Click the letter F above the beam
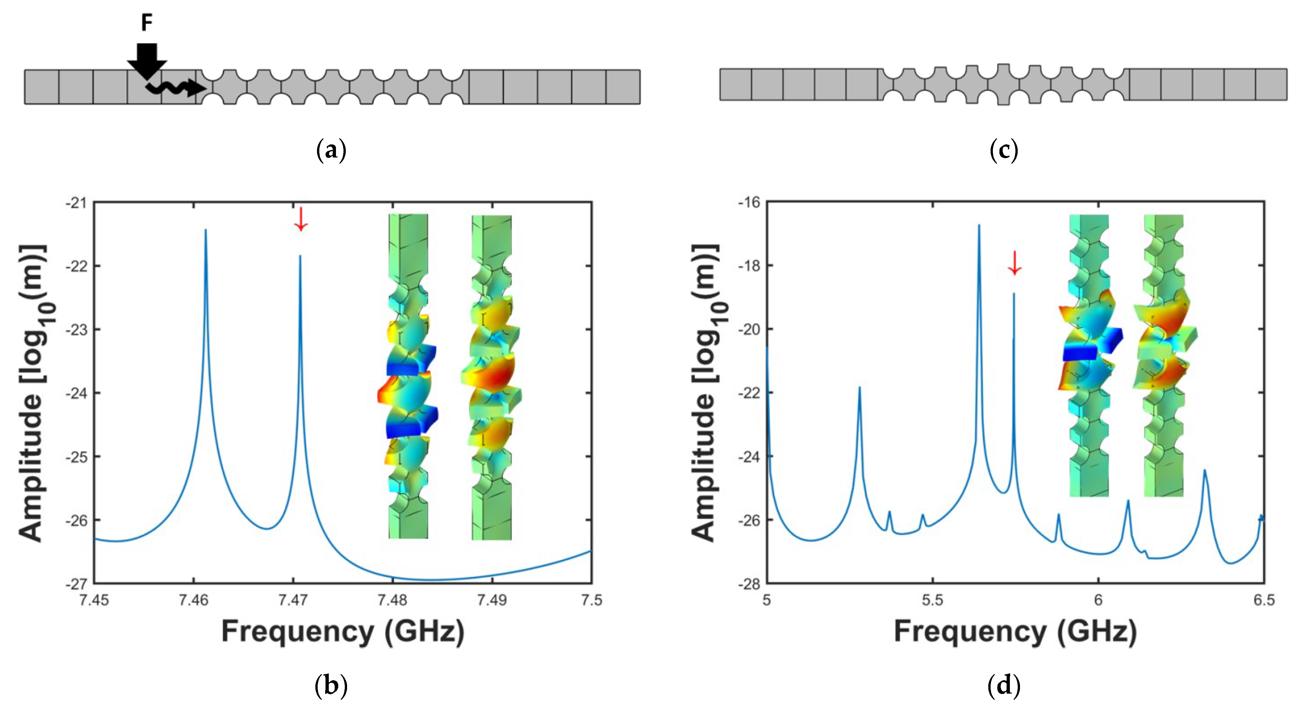(146, 23)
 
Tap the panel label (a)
(331, 150)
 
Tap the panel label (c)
(1003, 150)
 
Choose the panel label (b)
(331, 686)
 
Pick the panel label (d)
(1003, 686)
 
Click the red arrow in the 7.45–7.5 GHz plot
(301, 219)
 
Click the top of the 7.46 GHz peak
(206, 230)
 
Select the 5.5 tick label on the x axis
(932, 600)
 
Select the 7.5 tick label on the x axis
(591, 600)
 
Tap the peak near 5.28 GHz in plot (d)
(859, 388)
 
